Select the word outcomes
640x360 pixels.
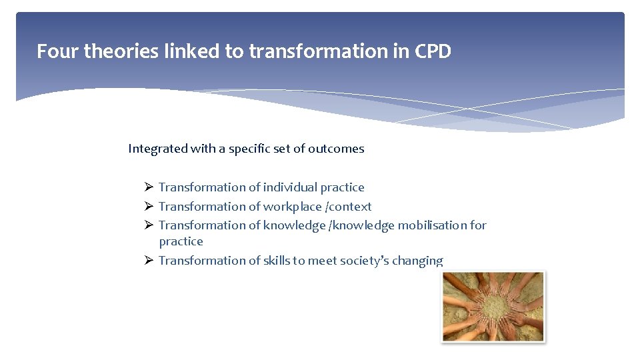click(336, 149)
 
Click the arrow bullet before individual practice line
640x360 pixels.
click(149, 187)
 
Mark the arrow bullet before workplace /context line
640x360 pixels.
click(149, 207)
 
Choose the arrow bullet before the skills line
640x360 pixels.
click(149, 261)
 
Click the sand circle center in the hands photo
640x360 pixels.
click(493, 307)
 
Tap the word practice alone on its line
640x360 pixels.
click(181, 241)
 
